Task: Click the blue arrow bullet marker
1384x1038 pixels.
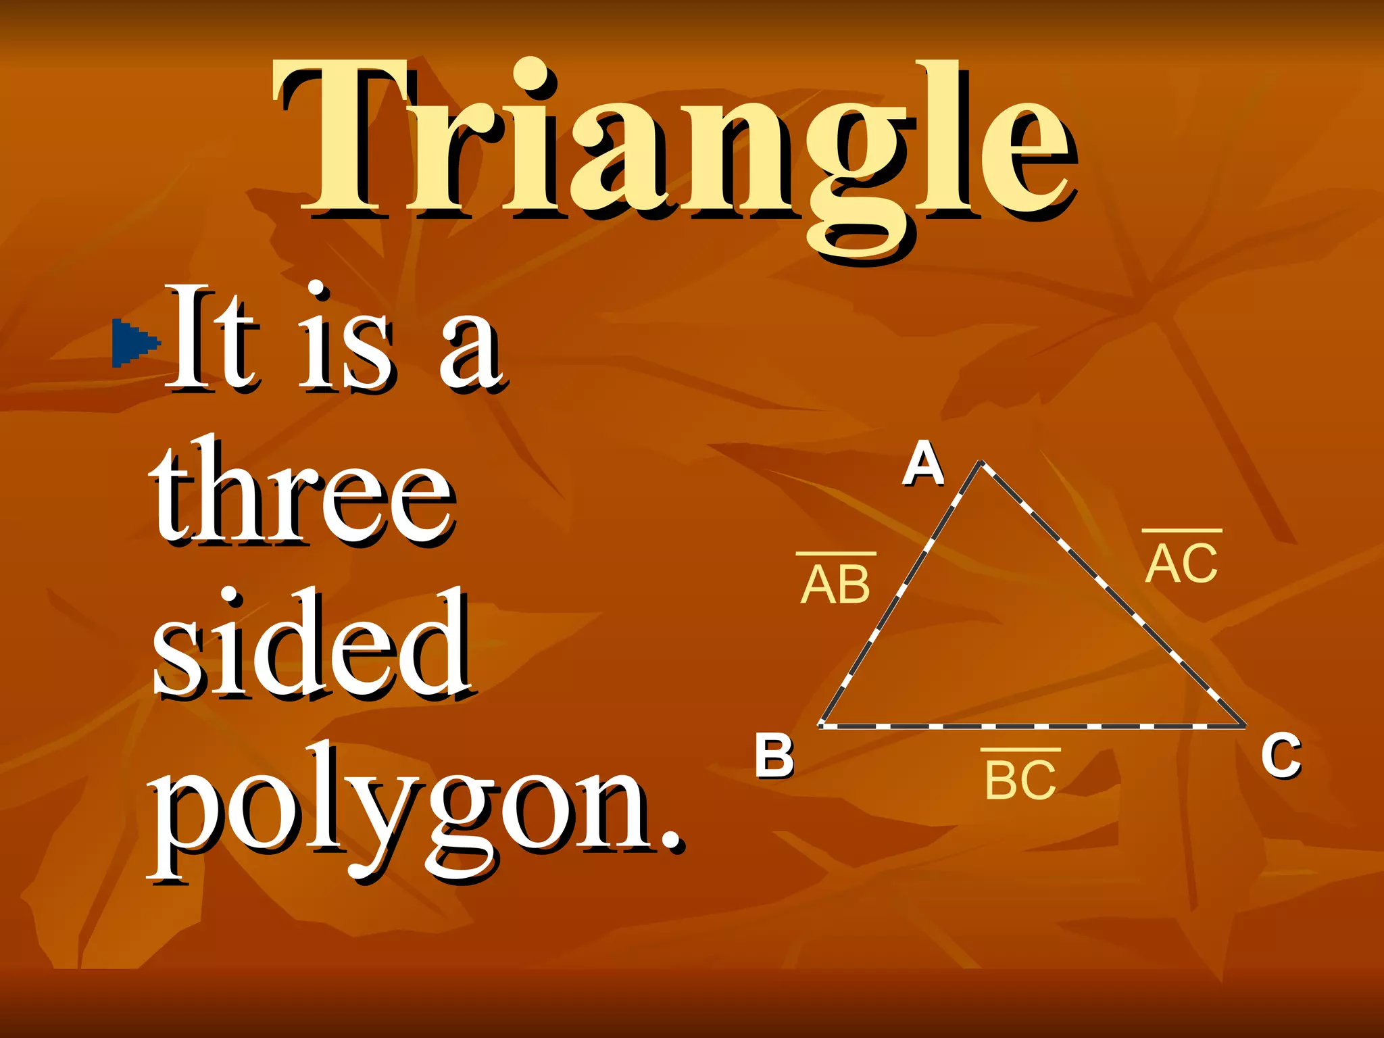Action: (136, 343)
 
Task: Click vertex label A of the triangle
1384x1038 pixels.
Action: (922, 464)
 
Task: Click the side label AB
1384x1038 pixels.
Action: (835, 585)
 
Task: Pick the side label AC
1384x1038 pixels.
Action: (1181, 564)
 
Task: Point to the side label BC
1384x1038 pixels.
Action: (1020, 781)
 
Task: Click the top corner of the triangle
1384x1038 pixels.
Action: (981, 463)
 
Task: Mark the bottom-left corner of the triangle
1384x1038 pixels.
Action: (820, 726)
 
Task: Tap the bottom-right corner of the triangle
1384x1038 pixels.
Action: (1245, 726)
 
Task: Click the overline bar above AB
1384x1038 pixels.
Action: (836, 553)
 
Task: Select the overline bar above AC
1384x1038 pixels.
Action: (1182, 530)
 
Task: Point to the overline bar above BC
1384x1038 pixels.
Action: (1020, 749)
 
